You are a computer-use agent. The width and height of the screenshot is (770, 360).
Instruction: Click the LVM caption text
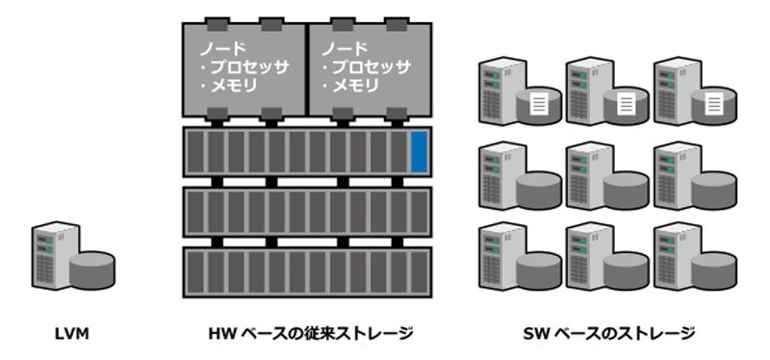(x=71, y=334)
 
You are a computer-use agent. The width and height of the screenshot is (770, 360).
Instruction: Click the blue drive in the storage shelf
(x=419, y=152)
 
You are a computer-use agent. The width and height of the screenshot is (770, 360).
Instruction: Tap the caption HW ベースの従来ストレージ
(x=310, y=334)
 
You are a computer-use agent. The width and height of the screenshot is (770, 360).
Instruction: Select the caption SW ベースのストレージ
(x=608, y=334)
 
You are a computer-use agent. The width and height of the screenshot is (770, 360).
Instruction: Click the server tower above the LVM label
(x=55, y=255)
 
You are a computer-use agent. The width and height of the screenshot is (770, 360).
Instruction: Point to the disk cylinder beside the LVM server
(x=91, y=270)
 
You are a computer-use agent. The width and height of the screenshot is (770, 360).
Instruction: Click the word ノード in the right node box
(x=345, y=49)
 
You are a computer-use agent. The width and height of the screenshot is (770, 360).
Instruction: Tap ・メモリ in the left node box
(x=228, y=87)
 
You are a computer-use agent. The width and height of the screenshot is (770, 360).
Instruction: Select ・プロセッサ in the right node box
(x=366, y=67)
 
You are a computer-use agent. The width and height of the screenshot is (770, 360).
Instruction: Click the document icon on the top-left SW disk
(x=539, y=105)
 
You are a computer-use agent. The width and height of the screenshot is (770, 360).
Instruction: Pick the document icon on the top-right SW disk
(x=714, y=105)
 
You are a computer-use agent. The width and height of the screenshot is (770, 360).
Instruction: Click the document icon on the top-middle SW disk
(x=627, y=105)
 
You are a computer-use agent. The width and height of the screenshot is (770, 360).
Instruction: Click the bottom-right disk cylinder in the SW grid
(x=714, y=270)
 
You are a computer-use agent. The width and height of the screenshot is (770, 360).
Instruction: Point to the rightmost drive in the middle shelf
(x=419, y=212)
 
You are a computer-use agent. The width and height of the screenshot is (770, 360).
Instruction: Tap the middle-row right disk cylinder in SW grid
(x=714, y=190)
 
